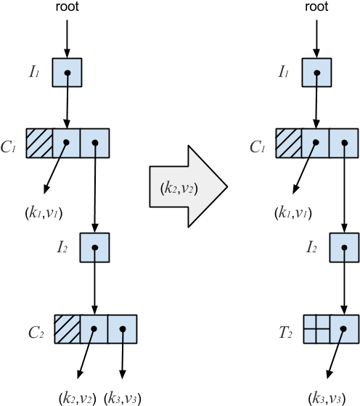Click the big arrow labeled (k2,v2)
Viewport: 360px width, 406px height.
point(187,187)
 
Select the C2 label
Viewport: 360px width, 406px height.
point(36,333)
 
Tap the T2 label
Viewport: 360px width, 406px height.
point(285,333)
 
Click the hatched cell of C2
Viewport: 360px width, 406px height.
point(67,329)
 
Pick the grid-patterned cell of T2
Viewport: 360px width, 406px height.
point(317,329)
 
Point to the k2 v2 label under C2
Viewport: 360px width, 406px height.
point(77,397)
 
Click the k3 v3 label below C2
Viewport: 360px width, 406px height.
point(122,397)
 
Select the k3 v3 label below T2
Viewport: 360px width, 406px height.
point(327,397)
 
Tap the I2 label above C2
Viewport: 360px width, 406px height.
point(62,248)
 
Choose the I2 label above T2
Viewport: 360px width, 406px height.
point(311,248)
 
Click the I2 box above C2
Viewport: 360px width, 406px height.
point(94,247)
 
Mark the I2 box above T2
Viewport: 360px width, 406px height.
point(344,247)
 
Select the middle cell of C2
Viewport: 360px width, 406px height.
point(94,329)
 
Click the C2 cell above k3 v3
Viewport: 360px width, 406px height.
point(122,329)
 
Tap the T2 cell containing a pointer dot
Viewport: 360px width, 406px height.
point(345,329)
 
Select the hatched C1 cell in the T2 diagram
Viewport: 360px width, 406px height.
point(289,144)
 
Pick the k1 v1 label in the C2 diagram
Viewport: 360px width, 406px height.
point(44,212)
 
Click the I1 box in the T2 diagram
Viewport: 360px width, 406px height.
point(317,72)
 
